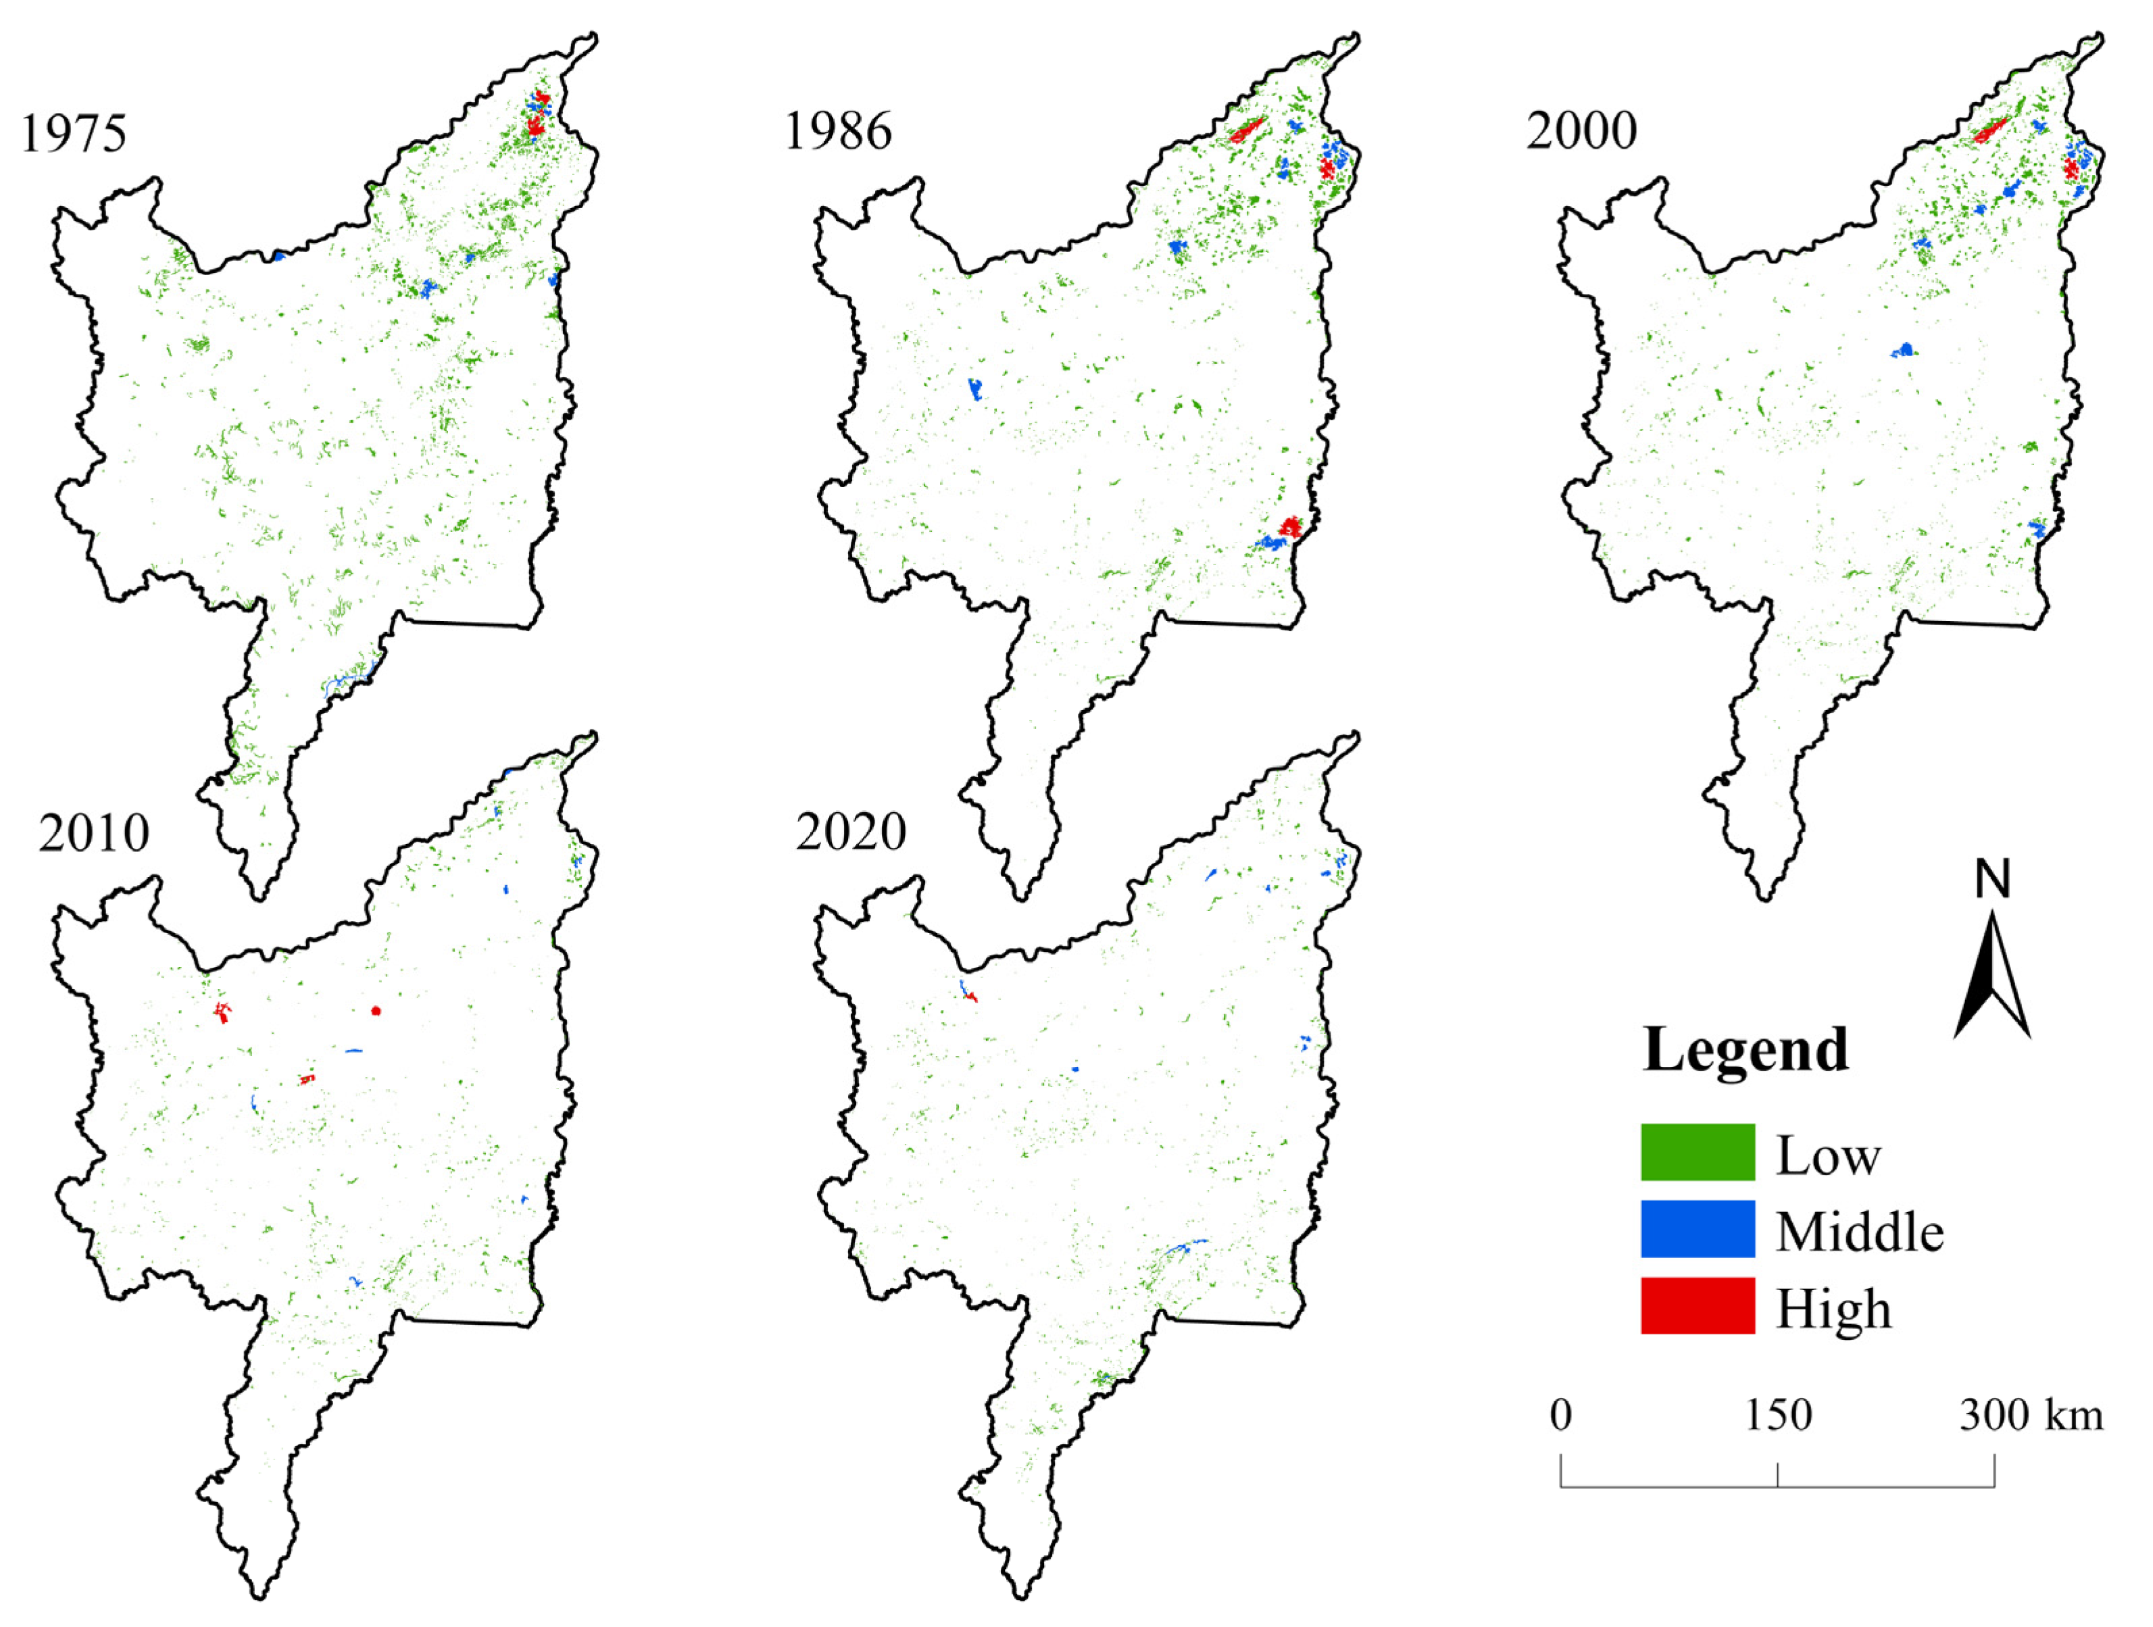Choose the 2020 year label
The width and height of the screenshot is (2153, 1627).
pos(851,832)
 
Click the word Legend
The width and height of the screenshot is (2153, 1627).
pos(1746,1050)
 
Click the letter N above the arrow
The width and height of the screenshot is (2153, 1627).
pos(1991,880)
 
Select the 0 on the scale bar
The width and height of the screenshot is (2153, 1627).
pos(1560,1416)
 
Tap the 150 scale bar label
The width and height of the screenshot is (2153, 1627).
pos(1777,1416)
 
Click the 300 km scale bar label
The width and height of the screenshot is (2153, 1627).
pos(2031,1416)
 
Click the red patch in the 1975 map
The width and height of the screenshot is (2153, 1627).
pos(535,122)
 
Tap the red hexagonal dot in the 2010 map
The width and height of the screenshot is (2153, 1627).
pos(376,1010)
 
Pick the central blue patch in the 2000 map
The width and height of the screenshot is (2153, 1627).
pos(1904,349)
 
